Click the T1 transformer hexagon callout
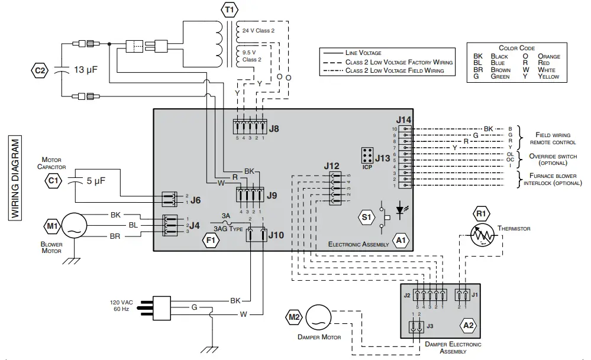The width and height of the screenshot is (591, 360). (228, 9)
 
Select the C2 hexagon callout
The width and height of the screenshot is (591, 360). (40, 70)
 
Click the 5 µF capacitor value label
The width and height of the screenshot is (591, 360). (96, 181)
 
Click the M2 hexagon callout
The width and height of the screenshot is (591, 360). (294, 317)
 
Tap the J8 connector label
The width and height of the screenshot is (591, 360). (274, 128)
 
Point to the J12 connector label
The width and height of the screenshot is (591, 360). (332, 166)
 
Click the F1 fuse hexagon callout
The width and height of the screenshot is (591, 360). (211, 239)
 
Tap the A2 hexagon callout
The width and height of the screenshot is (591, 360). (468, 325)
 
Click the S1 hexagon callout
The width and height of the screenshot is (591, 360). (366, 218)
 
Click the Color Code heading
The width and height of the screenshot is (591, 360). (516, 48)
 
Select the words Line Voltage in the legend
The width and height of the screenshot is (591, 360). (363, 53)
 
